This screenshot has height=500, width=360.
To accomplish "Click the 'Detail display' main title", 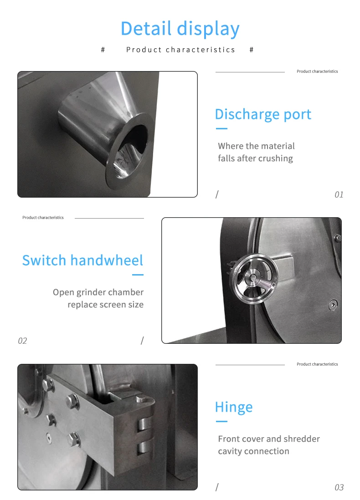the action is (180, 29).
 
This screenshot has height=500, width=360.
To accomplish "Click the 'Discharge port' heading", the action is (263, 114).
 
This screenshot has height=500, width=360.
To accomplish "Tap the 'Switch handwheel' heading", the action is (82, 260).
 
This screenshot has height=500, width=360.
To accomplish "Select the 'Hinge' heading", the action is (234, 407).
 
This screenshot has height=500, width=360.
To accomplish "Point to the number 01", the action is (339, 194).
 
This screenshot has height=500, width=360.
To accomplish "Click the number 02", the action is (22, 341).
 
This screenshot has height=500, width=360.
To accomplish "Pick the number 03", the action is (339, 487).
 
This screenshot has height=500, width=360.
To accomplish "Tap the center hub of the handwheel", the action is (252, 277).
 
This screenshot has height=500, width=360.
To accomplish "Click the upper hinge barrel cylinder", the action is (144, 424).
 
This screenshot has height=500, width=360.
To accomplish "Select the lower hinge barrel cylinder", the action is (144, 447).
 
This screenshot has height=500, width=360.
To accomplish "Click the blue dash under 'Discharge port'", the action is (221, 128).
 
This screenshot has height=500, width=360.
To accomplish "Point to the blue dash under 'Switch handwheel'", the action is (138, 275).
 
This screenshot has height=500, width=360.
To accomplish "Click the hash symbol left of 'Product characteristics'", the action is (103, 50).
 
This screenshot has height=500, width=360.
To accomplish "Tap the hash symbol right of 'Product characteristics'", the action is (252, 50).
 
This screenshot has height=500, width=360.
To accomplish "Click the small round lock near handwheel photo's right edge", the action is (333, 305).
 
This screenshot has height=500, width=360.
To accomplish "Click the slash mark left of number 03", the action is (217, 487).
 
